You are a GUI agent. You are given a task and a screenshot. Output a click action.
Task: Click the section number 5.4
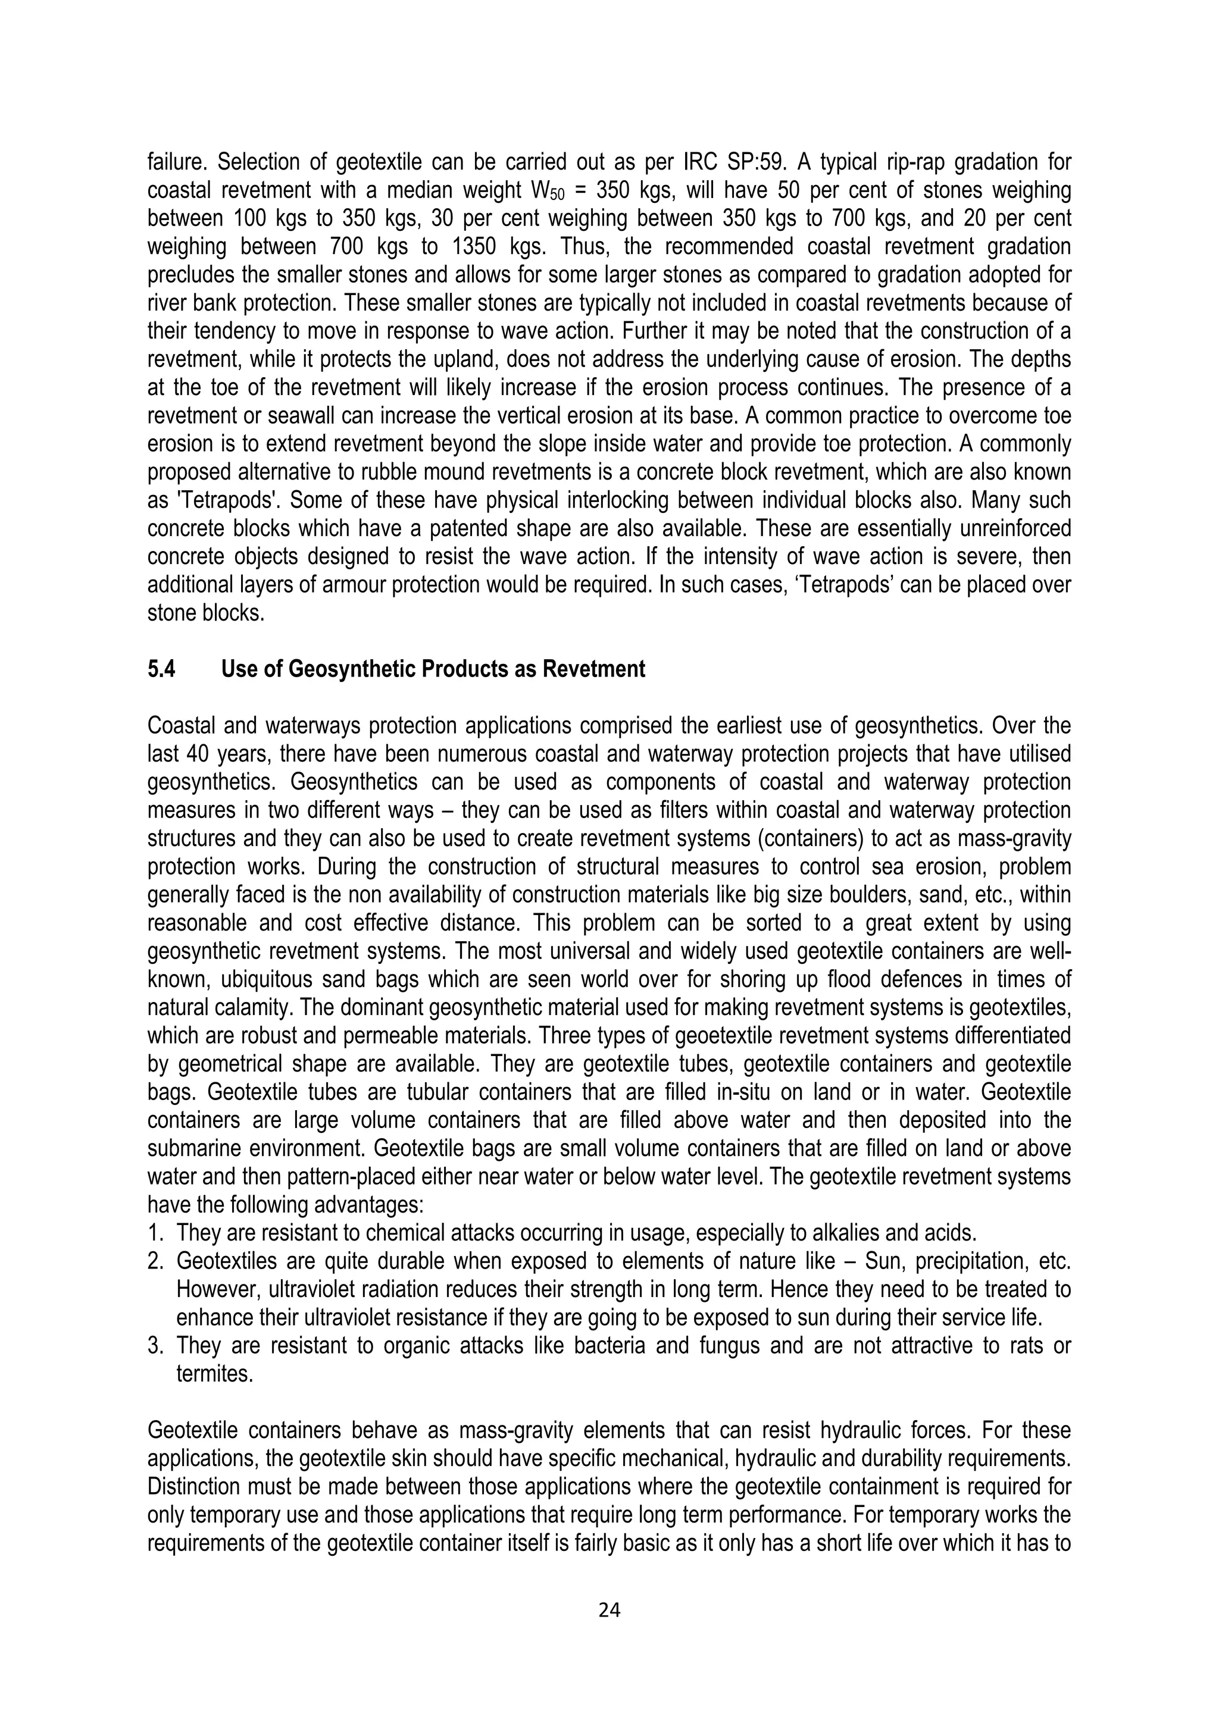(x=161, y=669)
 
